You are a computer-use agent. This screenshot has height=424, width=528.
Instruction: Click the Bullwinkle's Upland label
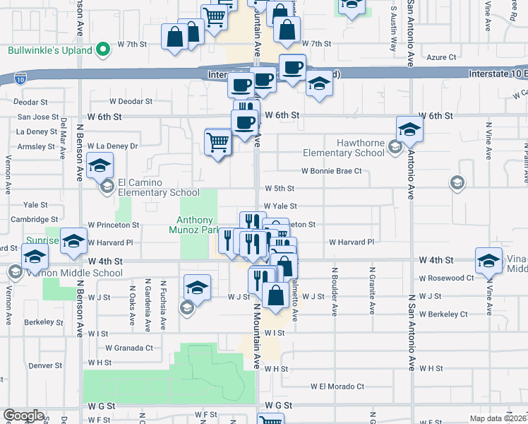(50, 51)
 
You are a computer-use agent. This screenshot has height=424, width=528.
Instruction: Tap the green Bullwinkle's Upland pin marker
(103, 50)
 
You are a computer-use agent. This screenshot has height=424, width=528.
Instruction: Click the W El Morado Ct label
(337, 387)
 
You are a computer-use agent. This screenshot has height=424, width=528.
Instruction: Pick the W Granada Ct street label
(129, 348)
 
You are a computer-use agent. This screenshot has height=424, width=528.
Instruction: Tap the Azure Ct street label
(443, 57)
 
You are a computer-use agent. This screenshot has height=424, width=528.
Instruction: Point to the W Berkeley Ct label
(443, 314)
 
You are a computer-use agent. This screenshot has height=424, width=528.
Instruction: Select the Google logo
(24, 416)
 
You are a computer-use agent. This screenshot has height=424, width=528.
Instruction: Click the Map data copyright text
(498, 418)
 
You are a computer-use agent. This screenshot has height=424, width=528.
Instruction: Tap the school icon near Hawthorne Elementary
(408, 130)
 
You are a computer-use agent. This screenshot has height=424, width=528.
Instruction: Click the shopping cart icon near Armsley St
(218, 142)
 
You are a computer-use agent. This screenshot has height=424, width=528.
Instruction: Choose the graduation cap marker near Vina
(489, 261)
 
